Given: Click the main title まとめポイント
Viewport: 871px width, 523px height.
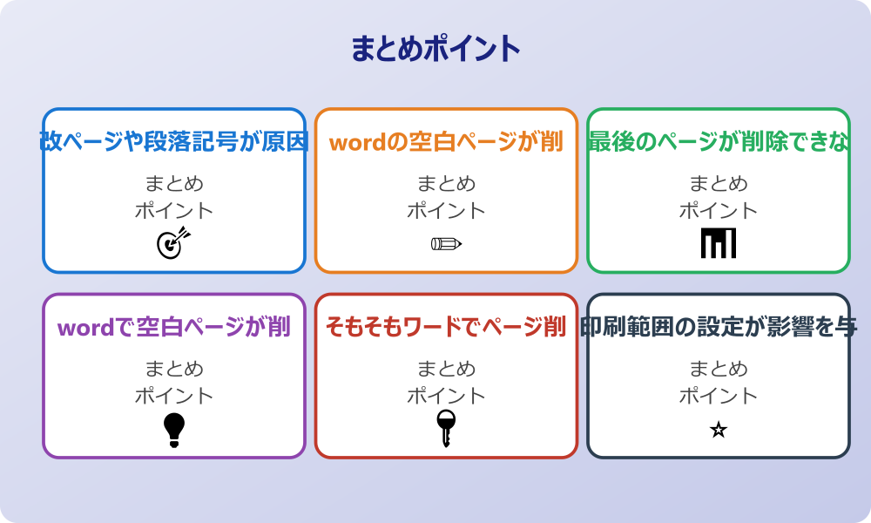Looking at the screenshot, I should click(x=435, y=49).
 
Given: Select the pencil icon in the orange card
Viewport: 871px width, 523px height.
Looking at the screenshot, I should click(x=446, y=243).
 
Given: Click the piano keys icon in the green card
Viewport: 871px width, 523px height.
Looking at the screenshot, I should click(x=719, y=243).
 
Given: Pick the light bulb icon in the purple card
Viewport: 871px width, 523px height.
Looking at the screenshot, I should click(x=174, y=429).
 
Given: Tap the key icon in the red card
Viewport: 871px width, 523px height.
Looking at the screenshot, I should click(x=446, y=428).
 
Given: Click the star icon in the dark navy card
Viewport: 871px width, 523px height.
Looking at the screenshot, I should click(x=719, y=429).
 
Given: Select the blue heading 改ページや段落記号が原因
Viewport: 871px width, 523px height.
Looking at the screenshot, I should click(x=174, y=142).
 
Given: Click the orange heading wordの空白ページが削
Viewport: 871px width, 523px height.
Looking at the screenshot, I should click(x=446, y=142).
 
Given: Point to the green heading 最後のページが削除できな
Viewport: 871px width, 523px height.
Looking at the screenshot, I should click(x=719, y=142).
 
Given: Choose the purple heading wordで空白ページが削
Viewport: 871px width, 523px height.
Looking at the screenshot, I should click(x=174, y=328).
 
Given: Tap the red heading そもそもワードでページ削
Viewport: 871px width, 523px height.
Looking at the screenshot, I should click(x=446, y=328).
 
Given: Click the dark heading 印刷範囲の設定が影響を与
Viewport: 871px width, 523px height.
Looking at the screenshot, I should click(x=719, y=328).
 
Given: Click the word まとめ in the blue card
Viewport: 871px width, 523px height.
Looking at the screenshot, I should click(x=174, y=184).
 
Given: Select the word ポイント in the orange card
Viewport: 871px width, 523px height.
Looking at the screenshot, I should click(x=446, y=210).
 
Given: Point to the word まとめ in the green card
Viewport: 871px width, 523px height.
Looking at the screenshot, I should click(x=719, y=184).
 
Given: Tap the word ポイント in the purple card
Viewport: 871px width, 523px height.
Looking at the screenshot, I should click(x=174, y=396).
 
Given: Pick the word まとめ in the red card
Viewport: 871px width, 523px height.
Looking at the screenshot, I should click(x=446, y=370).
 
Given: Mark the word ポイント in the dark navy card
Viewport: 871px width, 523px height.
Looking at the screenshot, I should click(x=719, y=396).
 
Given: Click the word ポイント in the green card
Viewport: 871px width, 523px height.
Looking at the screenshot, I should click(x=719, y=210).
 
